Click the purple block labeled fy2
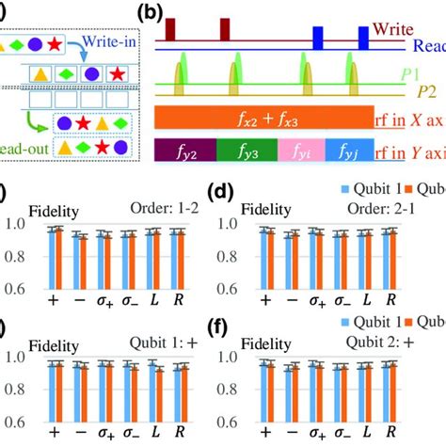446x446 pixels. [x=184, y=151]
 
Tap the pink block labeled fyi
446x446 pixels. [x=300, y=151]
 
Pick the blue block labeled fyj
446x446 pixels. [x=349, y=151]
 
